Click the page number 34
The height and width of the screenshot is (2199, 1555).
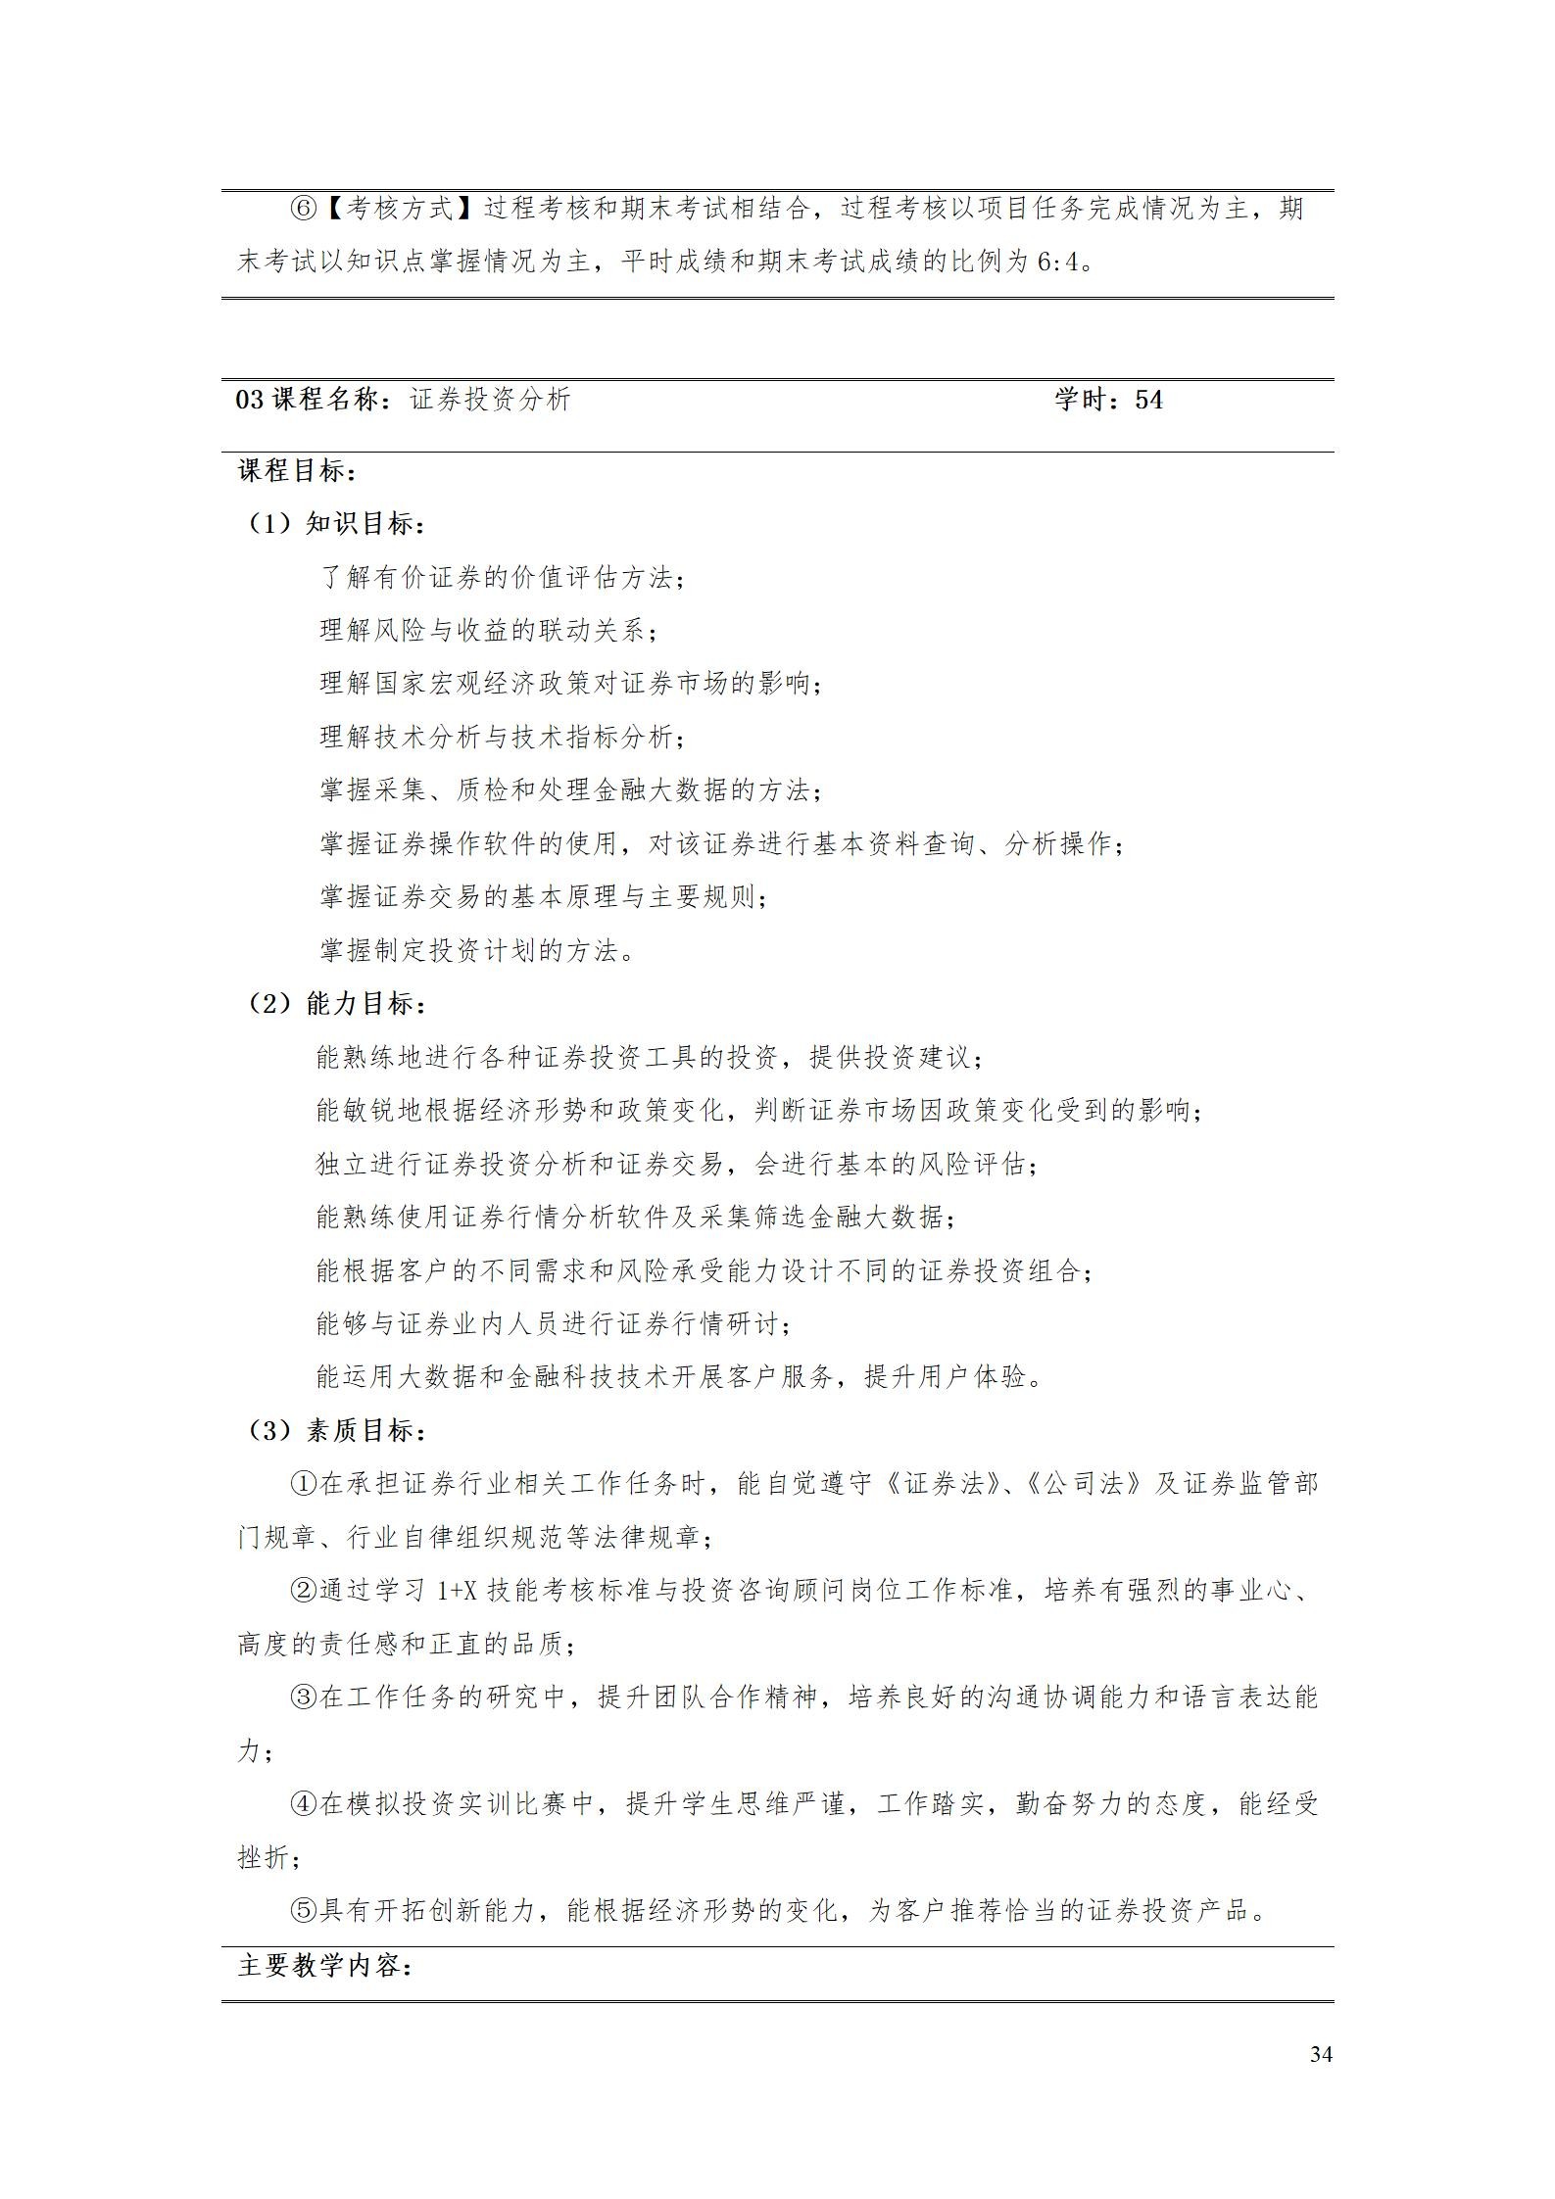click(x=1320, y=2054)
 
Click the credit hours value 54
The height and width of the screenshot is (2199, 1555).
click(x=1148, y=400)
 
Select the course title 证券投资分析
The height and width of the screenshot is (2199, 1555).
click(x=490, y=400)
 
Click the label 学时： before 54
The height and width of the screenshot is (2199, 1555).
click(x=1091, y=400)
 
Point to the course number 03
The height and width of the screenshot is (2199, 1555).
click(x=250, y=400)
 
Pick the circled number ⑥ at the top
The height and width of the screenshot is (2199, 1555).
click(x=305, y=209)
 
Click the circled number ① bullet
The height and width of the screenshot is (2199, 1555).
click(x=305, y=1484)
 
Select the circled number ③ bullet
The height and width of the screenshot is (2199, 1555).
click(x=305, y=1697)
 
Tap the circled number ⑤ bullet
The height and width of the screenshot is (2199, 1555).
click(x=305, y=1911)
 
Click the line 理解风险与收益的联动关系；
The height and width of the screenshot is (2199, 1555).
click(x=489, y=631)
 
